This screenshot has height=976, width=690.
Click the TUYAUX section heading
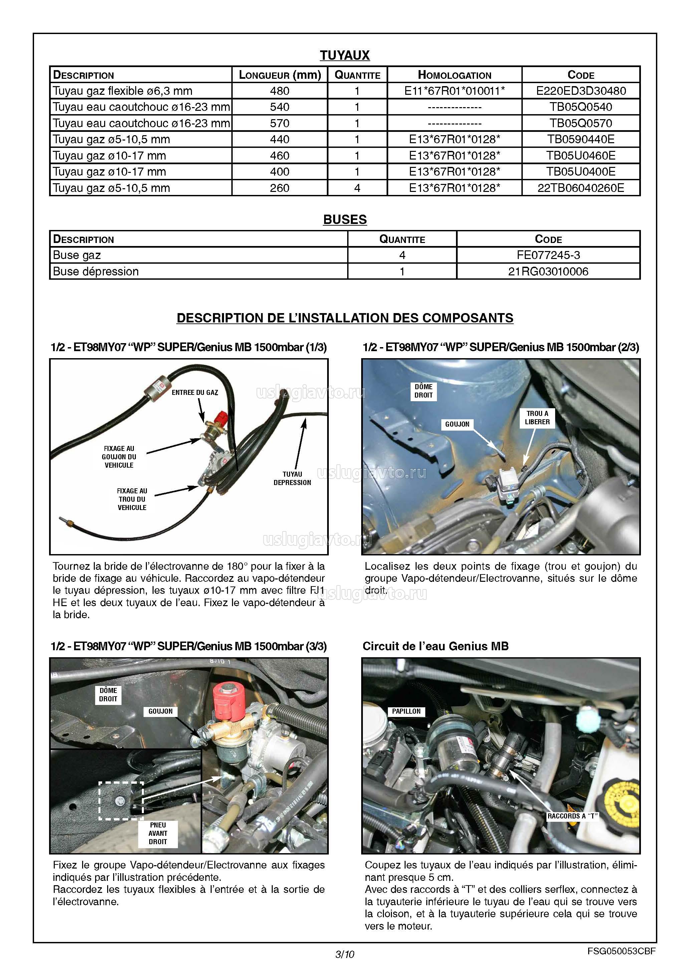344,55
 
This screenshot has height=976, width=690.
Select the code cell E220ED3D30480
581,91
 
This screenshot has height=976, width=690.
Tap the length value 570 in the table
279,123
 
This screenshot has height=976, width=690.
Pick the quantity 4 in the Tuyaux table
357,188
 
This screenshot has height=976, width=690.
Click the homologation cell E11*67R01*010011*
454,91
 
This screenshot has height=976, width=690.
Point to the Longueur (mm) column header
279,75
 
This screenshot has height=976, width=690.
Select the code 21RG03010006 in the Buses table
548,271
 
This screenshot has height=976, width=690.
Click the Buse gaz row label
77,255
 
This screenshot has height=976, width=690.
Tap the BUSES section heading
344,219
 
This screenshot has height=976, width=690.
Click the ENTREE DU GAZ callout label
195,392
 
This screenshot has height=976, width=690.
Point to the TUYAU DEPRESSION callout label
292,478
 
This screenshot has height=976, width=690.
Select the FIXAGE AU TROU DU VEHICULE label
132,499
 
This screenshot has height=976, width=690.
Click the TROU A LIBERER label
537,418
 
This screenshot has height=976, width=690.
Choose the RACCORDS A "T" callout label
572,816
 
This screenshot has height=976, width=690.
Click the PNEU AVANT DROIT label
158,833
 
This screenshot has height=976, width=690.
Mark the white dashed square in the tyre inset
121,801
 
